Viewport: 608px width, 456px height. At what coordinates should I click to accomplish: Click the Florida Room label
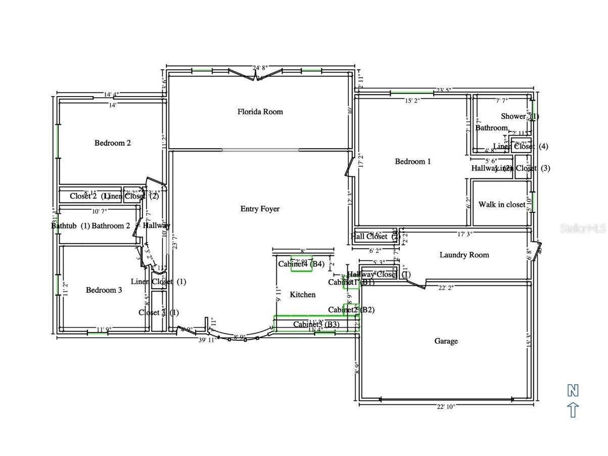click(260, 112)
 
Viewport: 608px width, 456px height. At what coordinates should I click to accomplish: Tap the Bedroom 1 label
click(413, 162)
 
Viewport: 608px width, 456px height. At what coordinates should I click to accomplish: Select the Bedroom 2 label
click(113, 143)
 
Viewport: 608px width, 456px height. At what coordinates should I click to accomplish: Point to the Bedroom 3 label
click(104, 290)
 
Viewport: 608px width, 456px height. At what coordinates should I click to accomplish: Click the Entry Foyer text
click(260, 209)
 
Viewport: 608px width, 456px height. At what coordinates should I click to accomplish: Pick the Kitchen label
click(302, 295)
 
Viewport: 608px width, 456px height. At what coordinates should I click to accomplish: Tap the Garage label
click(446, 341)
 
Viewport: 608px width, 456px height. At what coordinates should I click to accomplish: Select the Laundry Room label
click(464, 255)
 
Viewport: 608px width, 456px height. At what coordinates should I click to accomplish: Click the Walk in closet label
click(501, 205)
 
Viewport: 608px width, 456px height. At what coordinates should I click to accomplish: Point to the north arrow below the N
click(573, 409)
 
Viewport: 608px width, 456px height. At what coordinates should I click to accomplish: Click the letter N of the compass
click(573, 390)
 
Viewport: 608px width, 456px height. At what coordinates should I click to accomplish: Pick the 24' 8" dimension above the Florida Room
click(260, 68)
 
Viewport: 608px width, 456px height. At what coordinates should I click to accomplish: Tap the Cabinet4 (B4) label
click(301, 263)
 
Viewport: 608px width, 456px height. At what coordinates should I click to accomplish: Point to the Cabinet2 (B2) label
click(351, 310)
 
